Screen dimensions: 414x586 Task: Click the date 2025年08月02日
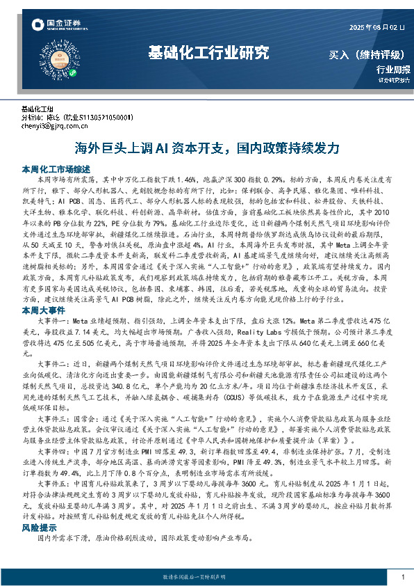[x=374, y=27]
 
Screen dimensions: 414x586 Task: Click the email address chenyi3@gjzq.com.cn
[x=54, y=127]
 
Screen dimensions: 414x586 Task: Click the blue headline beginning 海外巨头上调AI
[x=207, y=149]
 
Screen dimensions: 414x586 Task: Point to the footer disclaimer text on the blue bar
[x=207, y=578]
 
